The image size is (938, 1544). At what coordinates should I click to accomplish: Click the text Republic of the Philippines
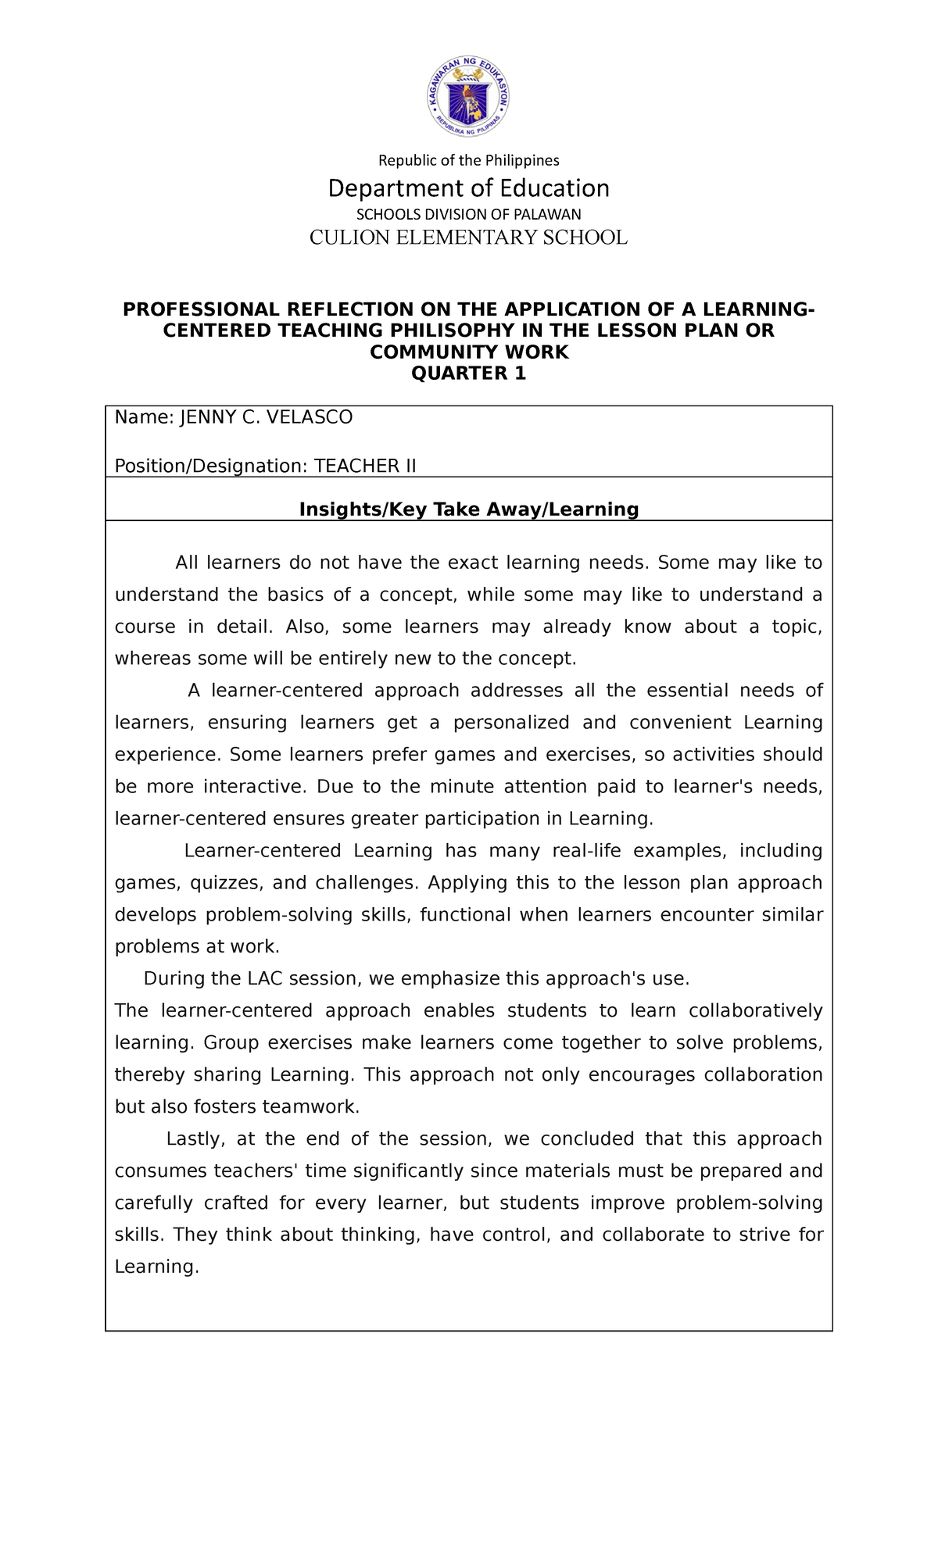[469, 160]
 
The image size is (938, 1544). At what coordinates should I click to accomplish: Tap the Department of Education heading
[469, 188]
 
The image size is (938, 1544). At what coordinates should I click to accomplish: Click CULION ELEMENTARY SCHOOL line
[469, 238]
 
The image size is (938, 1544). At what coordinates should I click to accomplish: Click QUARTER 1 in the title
[469, 373]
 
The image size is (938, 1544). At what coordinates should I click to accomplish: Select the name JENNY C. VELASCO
[267, 417]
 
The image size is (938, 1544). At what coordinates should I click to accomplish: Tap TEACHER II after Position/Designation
[365, 466]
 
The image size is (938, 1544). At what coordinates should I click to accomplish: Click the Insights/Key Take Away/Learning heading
[469, 509]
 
